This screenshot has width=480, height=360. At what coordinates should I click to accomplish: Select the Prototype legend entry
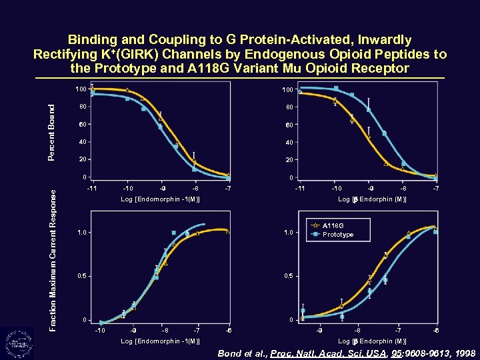[x=337, y=235]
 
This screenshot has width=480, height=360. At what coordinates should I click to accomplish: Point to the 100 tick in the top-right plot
[x=287, y=90]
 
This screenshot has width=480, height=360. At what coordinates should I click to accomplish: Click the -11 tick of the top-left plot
[x=92, y=189]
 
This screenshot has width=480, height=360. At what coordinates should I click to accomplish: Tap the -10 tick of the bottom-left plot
[x=100, y=331]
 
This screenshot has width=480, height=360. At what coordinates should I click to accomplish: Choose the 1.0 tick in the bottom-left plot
[x=81, y=232]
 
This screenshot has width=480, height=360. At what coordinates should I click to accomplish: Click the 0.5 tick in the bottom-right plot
[x=287, y=276]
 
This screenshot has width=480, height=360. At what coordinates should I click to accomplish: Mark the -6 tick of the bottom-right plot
[x=435, y=331]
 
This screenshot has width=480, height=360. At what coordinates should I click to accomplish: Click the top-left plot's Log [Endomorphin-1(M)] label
[x=160, y=199]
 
